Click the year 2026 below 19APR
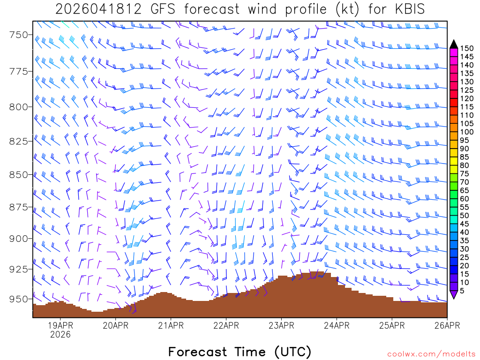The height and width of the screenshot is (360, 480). (60, 334)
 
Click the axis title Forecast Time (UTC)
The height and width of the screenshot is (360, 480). (240, 352)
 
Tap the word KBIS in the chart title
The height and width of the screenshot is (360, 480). (406, 9)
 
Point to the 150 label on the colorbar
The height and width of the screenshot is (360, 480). (467, 48)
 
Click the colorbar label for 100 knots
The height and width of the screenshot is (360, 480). (467, 132)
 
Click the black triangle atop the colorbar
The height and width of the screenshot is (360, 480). (454, 44)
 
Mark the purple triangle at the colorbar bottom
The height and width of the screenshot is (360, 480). (454, 294)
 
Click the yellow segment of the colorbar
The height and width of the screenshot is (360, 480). (454, 161)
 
